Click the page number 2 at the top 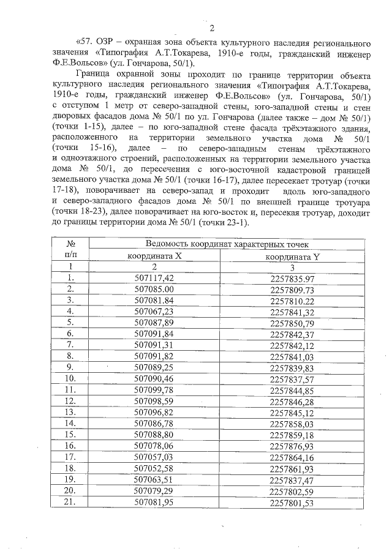[x=212, y=28]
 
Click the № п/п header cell [x=70, y=250]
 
